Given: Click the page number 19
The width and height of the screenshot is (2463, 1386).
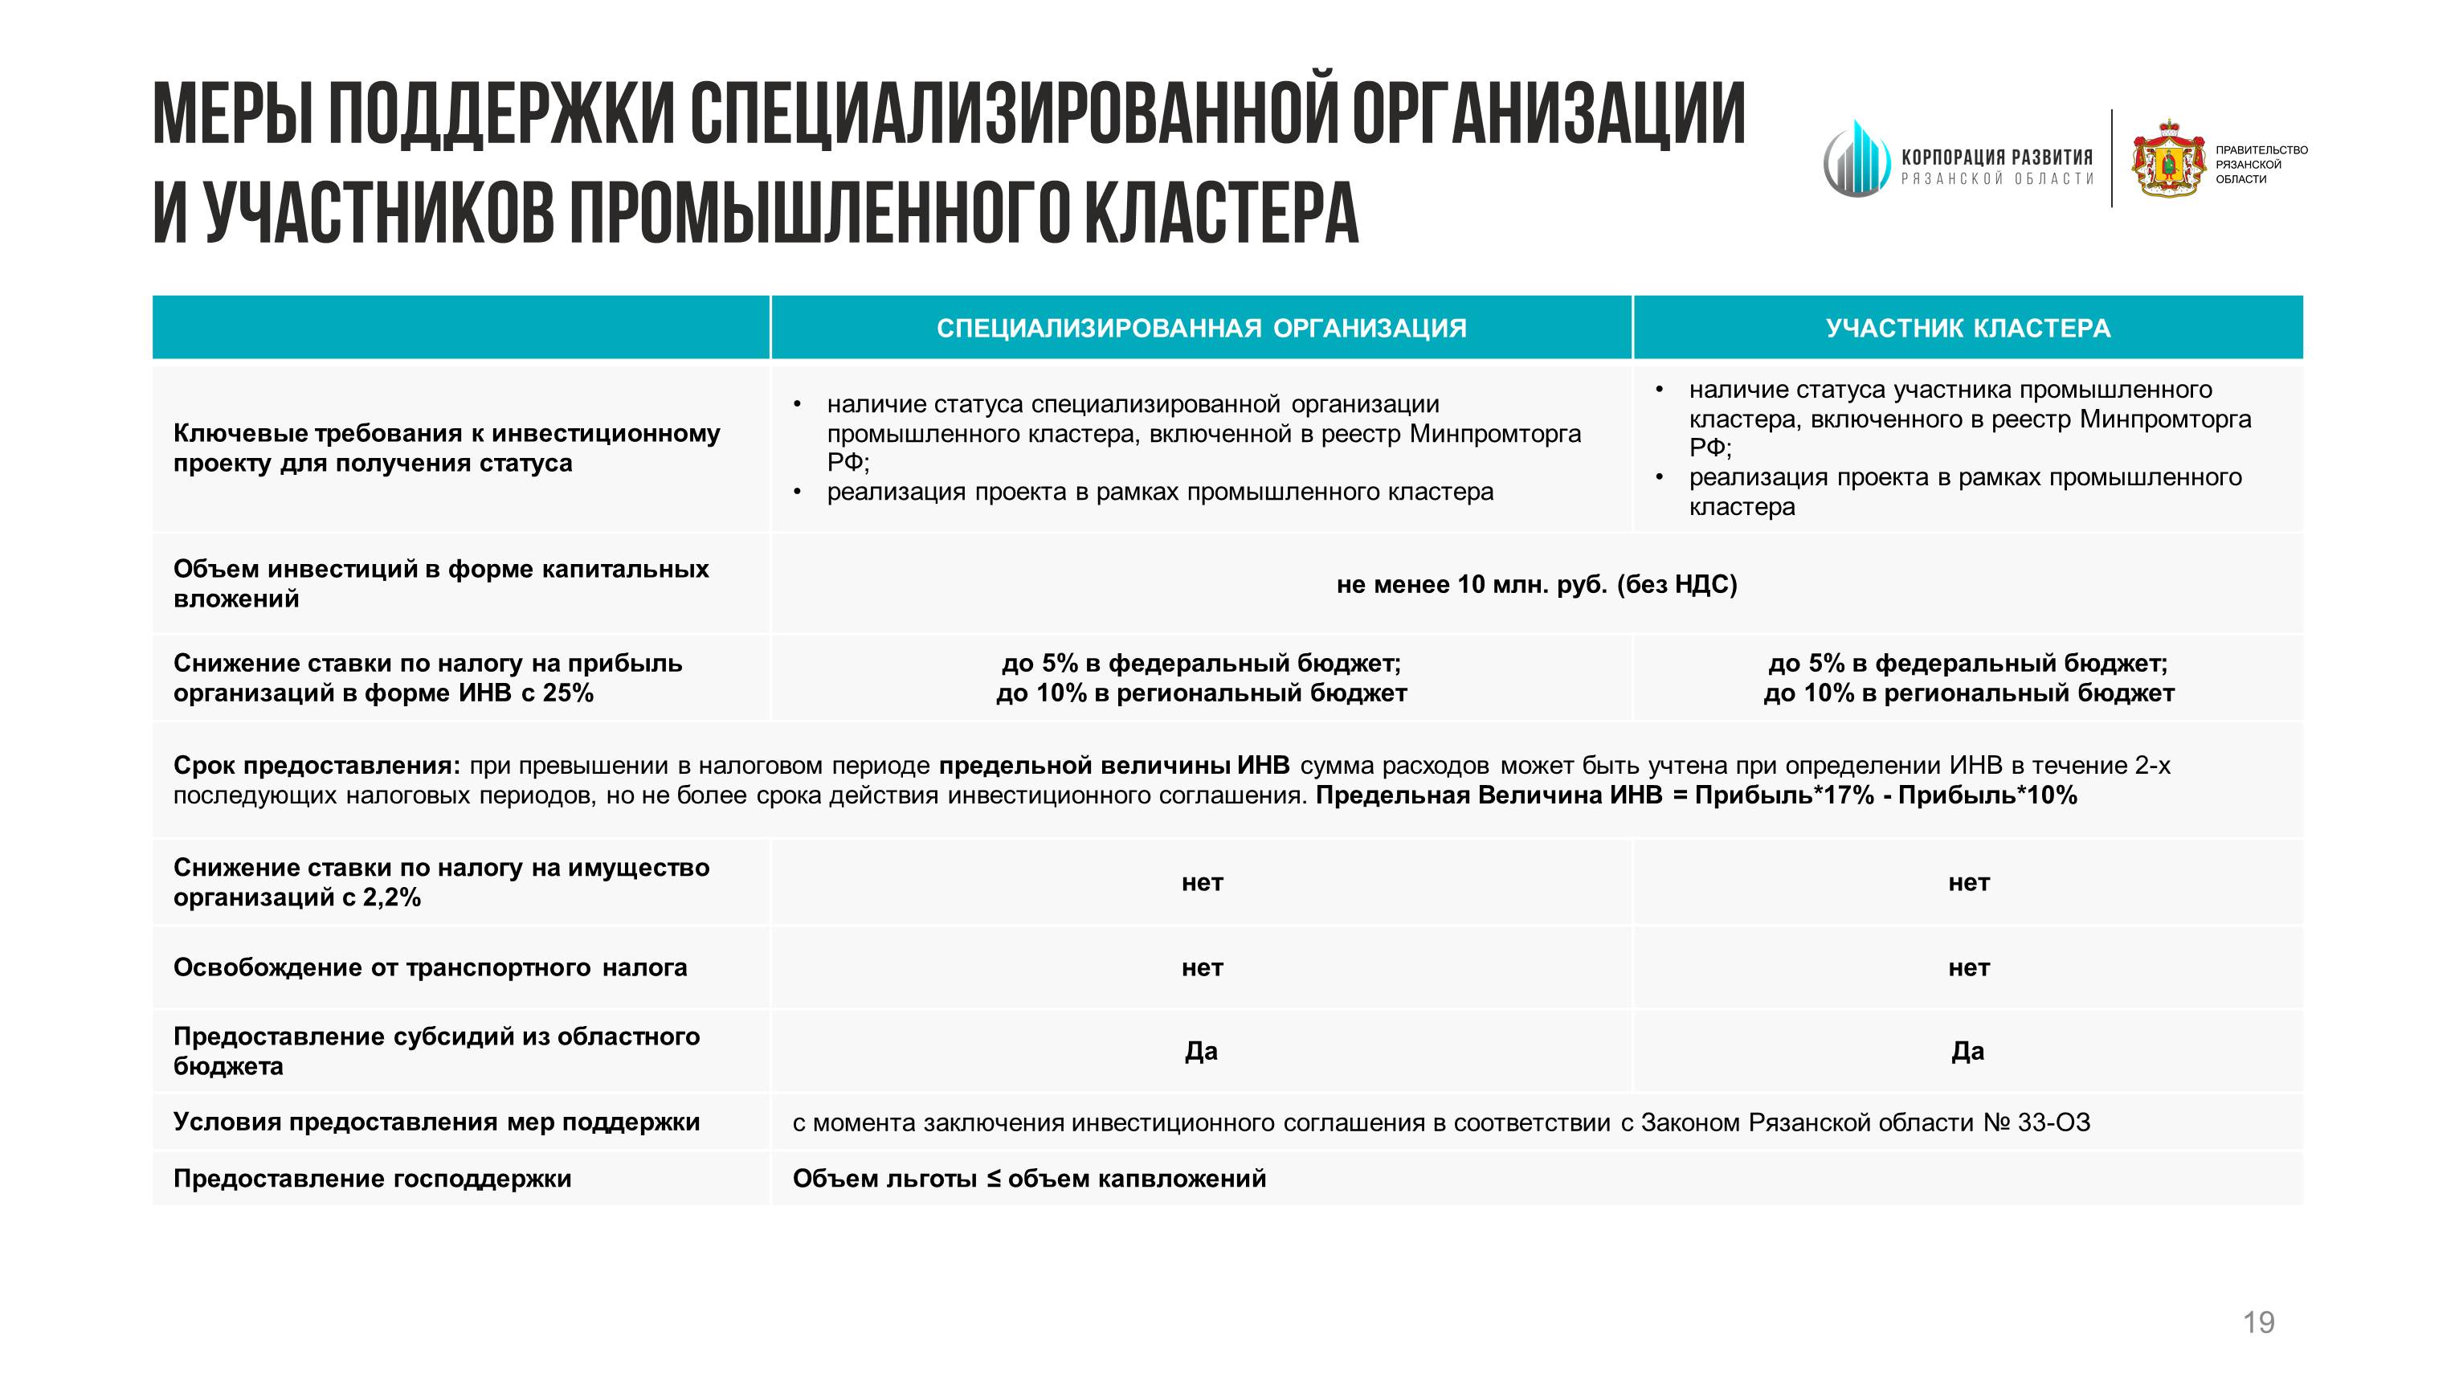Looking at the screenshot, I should tap(2258, 1323).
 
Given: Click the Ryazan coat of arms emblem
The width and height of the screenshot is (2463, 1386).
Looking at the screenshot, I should tap(2167, 160).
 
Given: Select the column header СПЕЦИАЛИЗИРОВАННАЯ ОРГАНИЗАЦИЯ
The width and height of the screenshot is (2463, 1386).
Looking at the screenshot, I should tap(1201, 328).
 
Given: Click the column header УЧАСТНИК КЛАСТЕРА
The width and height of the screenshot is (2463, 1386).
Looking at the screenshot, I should tap(1967, 328).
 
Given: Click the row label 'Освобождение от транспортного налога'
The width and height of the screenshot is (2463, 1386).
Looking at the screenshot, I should tap(431, 968).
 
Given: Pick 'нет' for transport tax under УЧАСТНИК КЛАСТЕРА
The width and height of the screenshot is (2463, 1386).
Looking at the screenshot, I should tap(1967, 968).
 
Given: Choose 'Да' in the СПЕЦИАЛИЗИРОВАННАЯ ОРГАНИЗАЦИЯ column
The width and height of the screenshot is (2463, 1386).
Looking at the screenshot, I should tap(1201, 1051).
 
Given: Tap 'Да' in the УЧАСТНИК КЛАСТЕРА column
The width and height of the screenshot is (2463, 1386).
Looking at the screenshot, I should tap(1967, 1051).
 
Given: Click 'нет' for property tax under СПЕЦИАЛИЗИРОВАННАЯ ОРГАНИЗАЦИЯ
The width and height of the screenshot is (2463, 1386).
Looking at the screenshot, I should tap(1201, 882).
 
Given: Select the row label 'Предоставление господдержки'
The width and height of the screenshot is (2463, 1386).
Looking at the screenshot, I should tap(372, 1179).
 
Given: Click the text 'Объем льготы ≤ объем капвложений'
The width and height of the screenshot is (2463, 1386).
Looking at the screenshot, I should tap(1029, 1179).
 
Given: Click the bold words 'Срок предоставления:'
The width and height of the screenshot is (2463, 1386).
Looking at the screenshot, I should tap(317, 767).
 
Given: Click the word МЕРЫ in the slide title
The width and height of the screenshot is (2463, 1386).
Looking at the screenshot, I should tap(232, 114).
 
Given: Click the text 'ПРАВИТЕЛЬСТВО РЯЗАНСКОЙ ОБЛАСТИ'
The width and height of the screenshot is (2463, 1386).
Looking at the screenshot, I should tap(2261, 165).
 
